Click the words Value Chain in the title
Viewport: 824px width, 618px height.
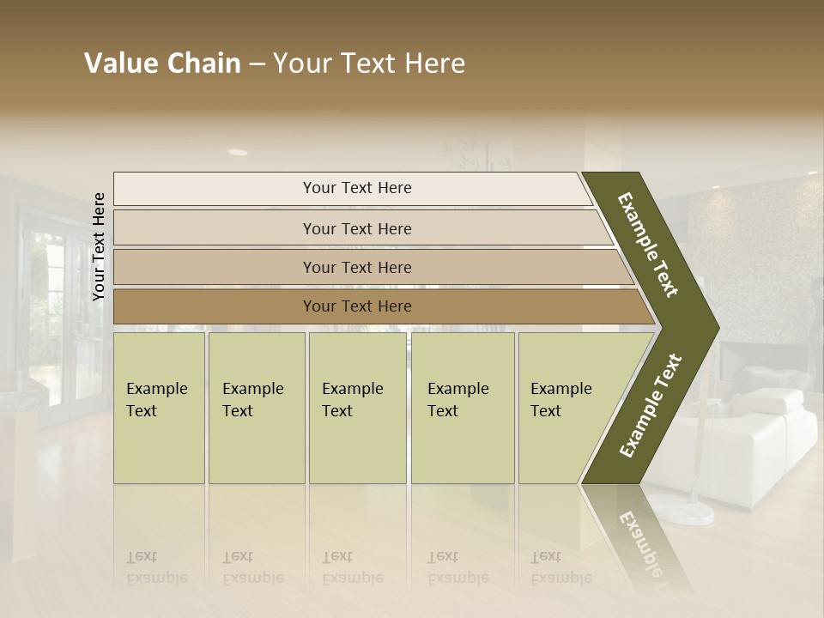162,64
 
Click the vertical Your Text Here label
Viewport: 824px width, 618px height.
99,246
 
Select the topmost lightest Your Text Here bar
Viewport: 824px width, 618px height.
356,188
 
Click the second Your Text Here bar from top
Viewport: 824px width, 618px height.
356,228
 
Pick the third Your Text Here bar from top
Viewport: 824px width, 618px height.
356,267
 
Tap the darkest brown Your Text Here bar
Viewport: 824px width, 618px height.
356,306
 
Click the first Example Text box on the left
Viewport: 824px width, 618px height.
159,408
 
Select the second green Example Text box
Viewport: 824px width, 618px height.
256,408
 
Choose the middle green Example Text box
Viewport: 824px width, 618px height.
357,408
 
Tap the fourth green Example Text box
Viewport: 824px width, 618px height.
462,408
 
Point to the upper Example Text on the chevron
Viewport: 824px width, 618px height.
649,245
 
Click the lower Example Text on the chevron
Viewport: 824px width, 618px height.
651,405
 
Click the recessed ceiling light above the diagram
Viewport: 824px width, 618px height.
238,152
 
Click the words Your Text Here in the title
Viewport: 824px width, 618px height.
369,64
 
